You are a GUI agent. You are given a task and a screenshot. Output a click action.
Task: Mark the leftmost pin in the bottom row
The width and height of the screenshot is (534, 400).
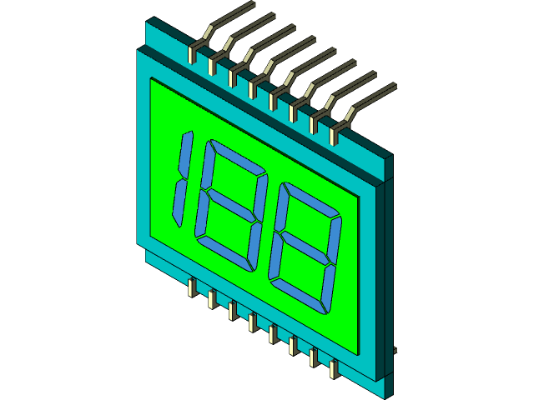point(192,289)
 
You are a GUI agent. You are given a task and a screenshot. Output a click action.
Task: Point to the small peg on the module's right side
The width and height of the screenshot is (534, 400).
point(394,349)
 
